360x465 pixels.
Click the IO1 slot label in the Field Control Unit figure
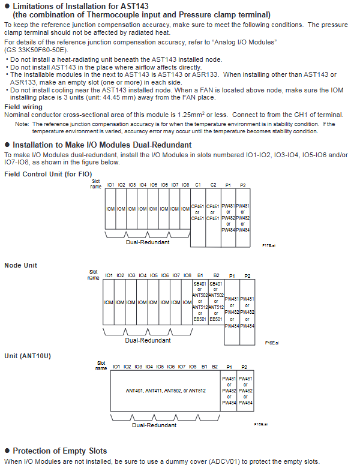click(x=110, y=185)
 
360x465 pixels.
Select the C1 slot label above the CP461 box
click(x=198, y=185)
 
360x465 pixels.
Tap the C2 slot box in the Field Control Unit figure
click(x=214, y=213)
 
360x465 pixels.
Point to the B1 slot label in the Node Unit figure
click(x=200, y=275)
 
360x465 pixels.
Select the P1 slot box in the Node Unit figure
click(x=232, y=312)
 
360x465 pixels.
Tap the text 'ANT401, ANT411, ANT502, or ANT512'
click(x=166, y=390)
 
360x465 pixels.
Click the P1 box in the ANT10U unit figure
click(x=229, y=391)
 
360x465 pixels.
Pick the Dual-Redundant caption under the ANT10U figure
click(x=154, y=425)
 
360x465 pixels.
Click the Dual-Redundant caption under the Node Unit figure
click(x=148, y=340)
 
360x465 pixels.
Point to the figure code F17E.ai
click(x=268, y=245)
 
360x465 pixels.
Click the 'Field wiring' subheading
click(x=23, y=107)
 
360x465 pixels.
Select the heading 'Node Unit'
click(x=21, y=265)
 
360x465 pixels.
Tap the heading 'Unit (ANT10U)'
click(x=28, y=356)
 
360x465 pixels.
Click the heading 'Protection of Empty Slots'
click(x=60, y=451)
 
